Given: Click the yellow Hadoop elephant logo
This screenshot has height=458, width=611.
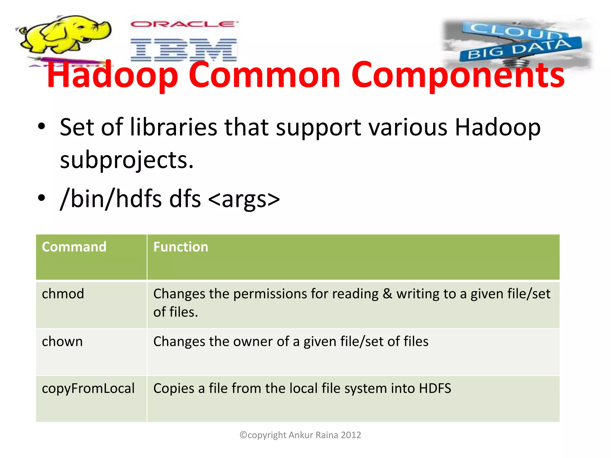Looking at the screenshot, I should [x=64, y=34].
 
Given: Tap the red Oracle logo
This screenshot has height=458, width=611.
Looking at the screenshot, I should [x=184, y=24].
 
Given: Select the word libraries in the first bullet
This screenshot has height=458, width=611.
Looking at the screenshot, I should [x=174, y=127].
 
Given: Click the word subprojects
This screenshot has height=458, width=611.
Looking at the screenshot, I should [x=127, y=160].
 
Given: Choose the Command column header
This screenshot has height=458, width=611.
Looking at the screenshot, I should [x=74, y=247].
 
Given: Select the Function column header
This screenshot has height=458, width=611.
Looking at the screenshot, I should [x=180, y=247].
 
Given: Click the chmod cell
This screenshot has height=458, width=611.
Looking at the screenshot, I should [x=63, y=294].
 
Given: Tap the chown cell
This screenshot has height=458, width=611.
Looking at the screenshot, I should [x=62, y=341].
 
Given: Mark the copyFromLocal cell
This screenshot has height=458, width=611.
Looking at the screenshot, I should [x=88, y=389].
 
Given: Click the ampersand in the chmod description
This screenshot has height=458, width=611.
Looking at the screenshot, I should [x=387, y=294].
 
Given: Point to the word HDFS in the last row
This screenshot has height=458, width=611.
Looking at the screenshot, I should [x=435, y=389].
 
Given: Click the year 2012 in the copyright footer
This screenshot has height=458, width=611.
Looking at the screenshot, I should [x=351, y=435].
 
